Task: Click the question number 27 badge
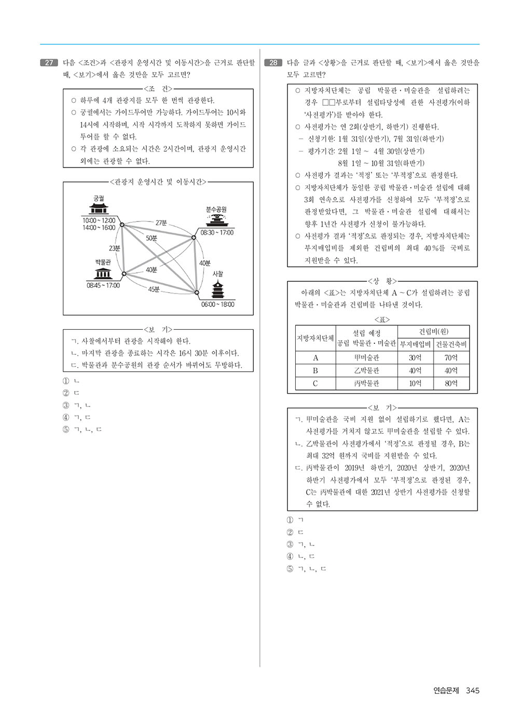[x=49, y=63]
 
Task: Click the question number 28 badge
[x=273, y=63]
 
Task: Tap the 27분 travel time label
[x=161, y=223]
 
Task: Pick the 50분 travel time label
[x=152, y=238]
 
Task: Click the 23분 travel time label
[x=114, y=248]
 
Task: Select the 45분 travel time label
[x=154, y=289]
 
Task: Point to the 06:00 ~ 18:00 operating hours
[x=217, y=304]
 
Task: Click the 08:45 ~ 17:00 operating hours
[x=103, y=285]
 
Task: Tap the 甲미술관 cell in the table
[x=366, y=358]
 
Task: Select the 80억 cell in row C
[x=451, y=384]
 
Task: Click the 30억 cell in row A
[x=415, y=358]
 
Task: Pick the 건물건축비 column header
[x=451, y=344]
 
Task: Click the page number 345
[x=472, y=690]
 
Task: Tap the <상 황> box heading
[x=382, y=281]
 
